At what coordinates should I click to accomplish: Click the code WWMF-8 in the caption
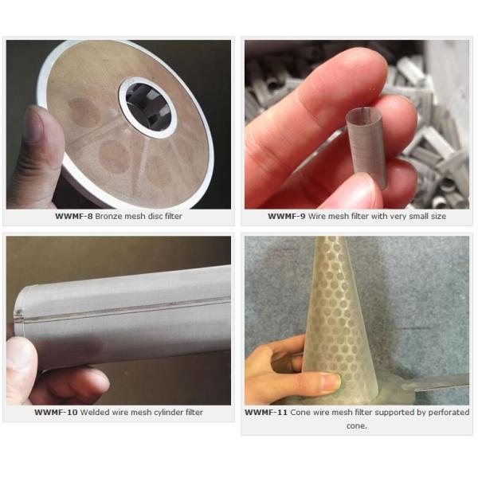pos(73,217)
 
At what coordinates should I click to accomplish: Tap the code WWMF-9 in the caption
pos(286,217)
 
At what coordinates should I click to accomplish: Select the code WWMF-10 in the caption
pos(56,413)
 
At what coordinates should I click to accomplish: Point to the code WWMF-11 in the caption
pos(266,413)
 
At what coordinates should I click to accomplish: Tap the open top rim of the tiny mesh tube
pos(365,113)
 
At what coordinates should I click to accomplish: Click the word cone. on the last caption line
pos(357,426)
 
